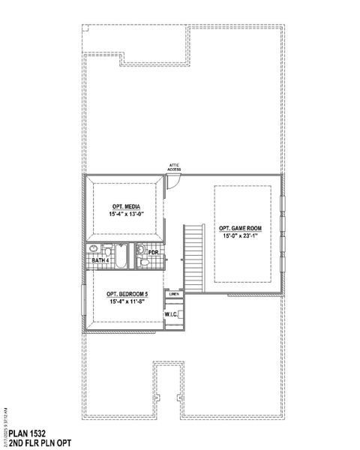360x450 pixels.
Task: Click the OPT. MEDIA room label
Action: pos(122,206)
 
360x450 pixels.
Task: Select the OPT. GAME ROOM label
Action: pos(239,228)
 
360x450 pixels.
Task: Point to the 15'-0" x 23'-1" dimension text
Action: pos(239,235)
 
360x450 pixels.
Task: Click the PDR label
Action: pos(152,253)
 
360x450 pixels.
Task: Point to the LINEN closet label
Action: pos(173,294)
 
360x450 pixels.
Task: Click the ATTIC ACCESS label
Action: pos(174,167)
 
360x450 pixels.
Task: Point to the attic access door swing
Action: pos(172,182)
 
